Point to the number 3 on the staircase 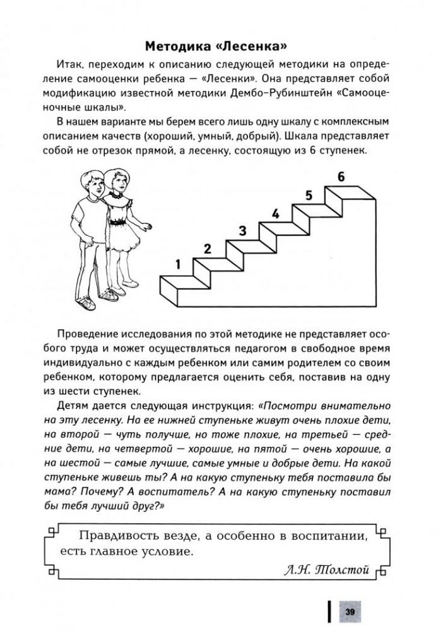coord(242,231)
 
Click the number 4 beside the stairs coord(275,214)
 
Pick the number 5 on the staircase coord(309,196)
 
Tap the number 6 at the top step coord(341,177)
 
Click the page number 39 coord(348,611)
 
